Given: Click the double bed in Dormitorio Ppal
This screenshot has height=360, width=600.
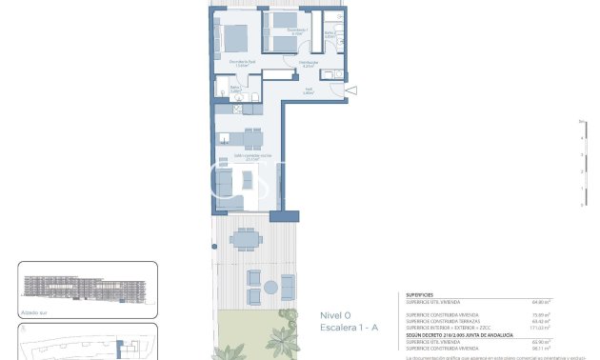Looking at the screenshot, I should point(232,38).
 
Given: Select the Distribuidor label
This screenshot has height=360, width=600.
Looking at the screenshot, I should point(307,63).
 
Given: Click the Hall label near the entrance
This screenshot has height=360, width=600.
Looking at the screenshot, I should point(309,91).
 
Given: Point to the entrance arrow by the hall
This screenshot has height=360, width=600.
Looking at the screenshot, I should point(351,90).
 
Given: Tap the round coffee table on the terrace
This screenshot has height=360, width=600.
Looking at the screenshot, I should point(270,287).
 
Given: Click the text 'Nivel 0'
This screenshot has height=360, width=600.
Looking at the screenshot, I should point(334,315).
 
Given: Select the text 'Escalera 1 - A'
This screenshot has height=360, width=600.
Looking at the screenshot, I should point(348,328).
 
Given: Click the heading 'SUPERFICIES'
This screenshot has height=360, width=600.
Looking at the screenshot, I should point(420,295).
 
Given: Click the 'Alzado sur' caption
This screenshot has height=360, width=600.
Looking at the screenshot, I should point(32,310).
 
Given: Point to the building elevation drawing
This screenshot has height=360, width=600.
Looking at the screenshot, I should point(86,286).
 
